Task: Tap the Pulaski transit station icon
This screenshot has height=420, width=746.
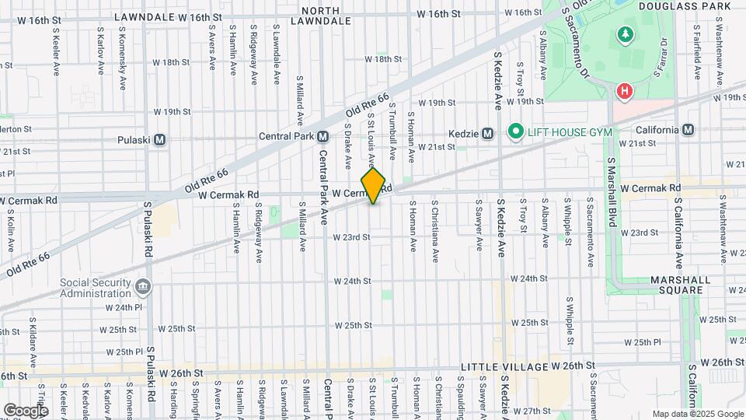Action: [160, 140]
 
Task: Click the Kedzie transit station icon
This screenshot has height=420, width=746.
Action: [488, 132]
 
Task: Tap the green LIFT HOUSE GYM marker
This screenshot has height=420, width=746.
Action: [514, 132]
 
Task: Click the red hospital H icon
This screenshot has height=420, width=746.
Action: [624, 93]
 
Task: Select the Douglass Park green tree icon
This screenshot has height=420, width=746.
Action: [624, 35]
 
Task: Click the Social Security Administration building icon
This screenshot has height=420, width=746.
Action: [143, 288]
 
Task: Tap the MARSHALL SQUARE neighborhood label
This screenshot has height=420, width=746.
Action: [671, 285]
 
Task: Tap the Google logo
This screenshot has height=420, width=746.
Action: [26, 410]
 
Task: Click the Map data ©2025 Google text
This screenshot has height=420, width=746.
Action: [697, 414]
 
